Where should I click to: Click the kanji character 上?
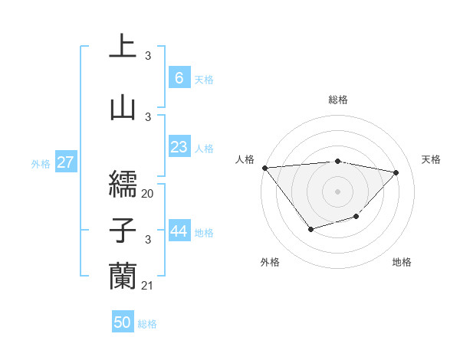click(123, 46)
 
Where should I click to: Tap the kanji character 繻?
click(123, 183)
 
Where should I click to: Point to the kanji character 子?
click(123, 230)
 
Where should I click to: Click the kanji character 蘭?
click(123, 276)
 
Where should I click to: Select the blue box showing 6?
click(179, 77)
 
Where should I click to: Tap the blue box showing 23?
click(179, 147)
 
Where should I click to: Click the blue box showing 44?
click(179, 232)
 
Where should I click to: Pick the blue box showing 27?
click(66, 162)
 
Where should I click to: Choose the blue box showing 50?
click(123, 322)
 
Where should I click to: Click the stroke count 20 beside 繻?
click(148, 194)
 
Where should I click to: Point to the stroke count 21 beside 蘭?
click(148, 286)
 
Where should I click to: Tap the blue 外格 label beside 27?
click(41, 163)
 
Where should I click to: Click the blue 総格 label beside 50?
click(147, 324)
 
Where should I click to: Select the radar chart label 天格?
click(431, 159)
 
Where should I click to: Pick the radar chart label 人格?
click(245, 159)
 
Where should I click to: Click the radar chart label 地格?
click(402, 262)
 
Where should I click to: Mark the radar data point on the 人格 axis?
click(264, 168)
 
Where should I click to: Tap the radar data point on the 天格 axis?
click(396, 172)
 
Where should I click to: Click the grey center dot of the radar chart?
click(337, 191)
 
